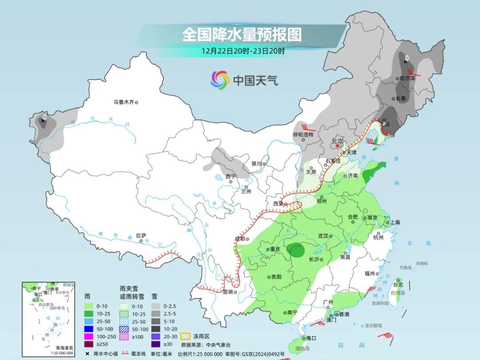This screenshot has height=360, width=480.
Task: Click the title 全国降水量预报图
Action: pyautogui.click(x=242, y=34)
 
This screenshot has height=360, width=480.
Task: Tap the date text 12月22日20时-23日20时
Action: pyautogui.click(x=243, y=51)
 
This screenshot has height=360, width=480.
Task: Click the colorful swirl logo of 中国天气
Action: pyautogui.click(x=220, y=80)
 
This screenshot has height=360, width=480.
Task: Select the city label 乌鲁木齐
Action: pyautogui.click(x=123, y=102)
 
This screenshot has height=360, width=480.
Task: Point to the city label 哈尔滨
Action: pyautogui.click(x=407, y=78)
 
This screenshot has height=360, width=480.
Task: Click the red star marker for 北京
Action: pyautogui.click(x=338, y=145)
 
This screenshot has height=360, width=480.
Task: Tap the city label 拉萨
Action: pyautogui.click(x=141, y=236)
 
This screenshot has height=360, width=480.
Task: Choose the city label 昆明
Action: pyautogui.click(x=227, y=292)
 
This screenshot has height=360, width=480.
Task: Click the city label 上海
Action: pyautogui.click(x=394, y=222)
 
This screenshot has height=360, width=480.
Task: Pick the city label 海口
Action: pyautogui.click(x=311, y=338)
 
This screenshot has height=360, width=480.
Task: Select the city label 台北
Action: pyautogui.click(x=397, y=285)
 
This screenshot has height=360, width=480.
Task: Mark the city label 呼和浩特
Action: pyautogui.click(x=303, y=134)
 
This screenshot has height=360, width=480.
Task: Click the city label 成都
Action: pyautogui.click(x=240, y=239)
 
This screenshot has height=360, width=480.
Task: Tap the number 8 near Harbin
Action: pyautogui.click(x=407, y=58)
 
